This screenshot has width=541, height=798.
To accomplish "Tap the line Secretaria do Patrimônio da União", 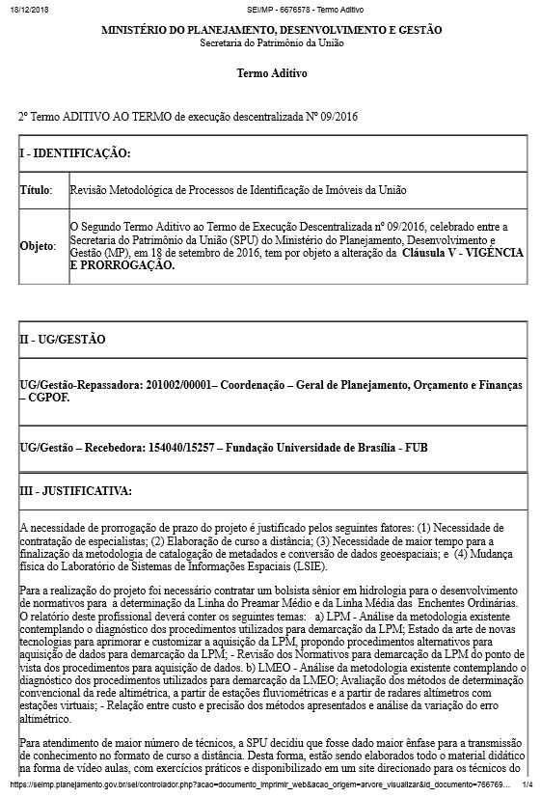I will [271, 44].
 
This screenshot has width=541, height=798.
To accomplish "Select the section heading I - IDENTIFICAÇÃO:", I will [75, 153].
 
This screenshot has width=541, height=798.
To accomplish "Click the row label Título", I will [36, 191].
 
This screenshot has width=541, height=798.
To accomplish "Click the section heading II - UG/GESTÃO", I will [63, 340].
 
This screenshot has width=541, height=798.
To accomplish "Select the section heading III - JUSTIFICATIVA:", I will [75, 491].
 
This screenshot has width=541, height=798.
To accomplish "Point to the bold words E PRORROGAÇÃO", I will [122, 264].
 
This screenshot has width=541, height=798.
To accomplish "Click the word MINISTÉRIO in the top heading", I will [135, 31].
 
